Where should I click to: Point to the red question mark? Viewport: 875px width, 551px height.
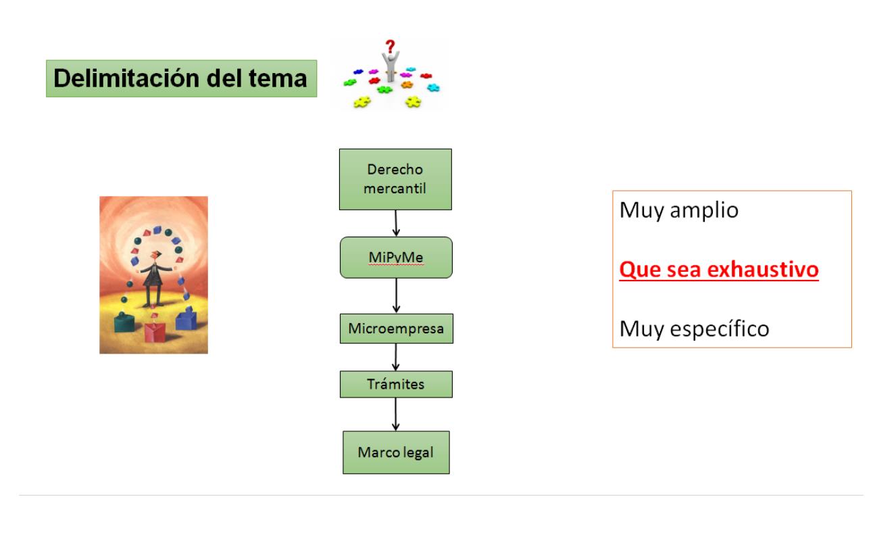pyautogui.click(x=390, y=46)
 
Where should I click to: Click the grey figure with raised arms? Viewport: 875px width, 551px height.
pyautogui.click(x=391, y=66)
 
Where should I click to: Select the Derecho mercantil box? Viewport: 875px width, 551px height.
pyautogui.click(x=395, y=179)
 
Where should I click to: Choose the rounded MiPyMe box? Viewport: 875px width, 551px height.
pyautogui.click(x=396, y=258)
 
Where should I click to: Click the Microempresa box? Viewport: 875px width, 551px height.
pyautogui.click(x=397, y=329)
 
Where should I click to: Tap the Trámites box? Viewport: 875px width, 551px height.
pyautogui.click(x=396, y=384)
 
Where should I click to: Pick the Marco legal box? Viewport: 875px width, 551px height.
pyautogui.click(x=396, y=452)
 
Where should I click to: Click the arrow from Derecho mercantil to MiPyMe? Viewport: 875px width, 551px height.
pyautogui.click(x=396, y=223)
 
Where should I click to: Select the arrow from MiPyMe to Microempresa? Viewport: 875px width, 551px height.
pyautogui.click(x=396, y=296)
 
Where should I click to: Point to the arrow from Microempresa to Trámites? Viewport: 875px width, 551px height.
pyautogui.click(x=396, y=357)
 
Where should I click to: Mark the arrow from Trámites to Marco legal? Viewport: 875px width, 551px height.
pyautogui.click(x=395, y=414)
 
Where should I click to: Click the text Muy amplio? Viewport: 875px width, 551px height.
pyautogui.click(x=679, y=210)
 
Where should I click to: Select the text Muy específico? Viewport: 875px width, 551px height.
pyautogui.click(x=694, y=329)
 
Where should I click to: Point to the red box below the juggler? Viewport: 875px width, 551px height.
pyautogui.click(x=155, y=331)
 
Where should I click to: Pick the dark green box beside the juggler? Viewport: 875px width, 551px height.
pyautogui.click(x=124, y=322)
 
